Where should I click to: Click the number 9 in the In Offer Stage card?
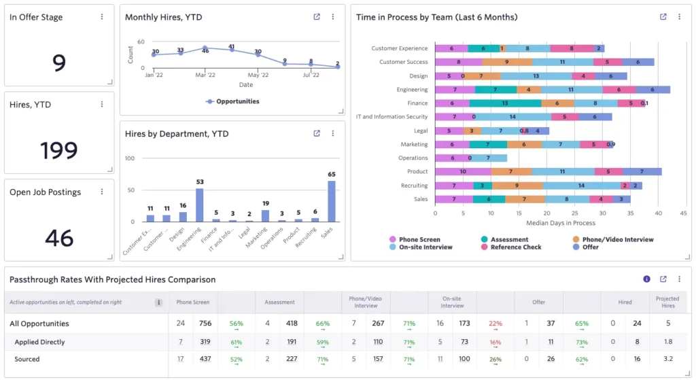point(59,63)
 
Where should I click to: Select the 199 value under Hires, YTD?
point(59,150)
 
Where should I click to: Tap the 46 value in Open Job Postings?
point(59,238)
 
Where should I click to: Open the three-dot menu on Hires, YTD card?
point(102,105)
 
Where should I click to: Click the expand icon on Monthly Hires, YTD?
point(317,17)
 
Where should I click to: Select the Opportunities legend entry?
point(232,101)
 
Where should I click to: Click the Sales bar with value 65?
point(331,201)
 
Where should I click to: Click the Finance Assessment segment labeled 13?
point(505,103)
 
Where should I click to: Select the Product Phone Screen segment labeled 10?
point(463,172)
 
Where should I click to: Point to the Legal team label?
point(420,131)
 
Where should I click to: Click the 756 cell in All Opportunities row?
point(205,324)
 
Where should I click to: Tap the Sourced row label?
point(27,359)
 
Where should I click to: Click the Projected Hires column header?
point(667,302)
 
